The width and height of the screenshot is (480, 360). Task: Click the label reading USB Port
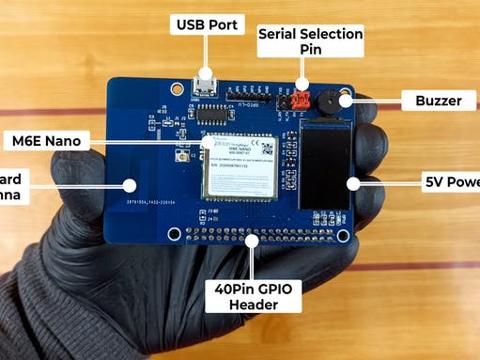tap(206, 25)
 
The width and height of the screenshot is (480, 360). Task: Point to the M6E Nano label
tap(46, 141)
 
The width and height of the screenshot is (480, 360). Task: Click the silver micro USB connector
tap(206, 86)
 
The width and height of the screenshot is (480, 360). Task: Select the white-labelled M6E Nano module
tap(242, 166)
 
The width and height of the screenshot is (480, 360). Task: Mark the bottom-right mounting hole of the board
tap(344, 235)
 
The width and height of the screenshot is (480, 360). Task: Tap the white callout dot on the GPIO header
tap(253, 240)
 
